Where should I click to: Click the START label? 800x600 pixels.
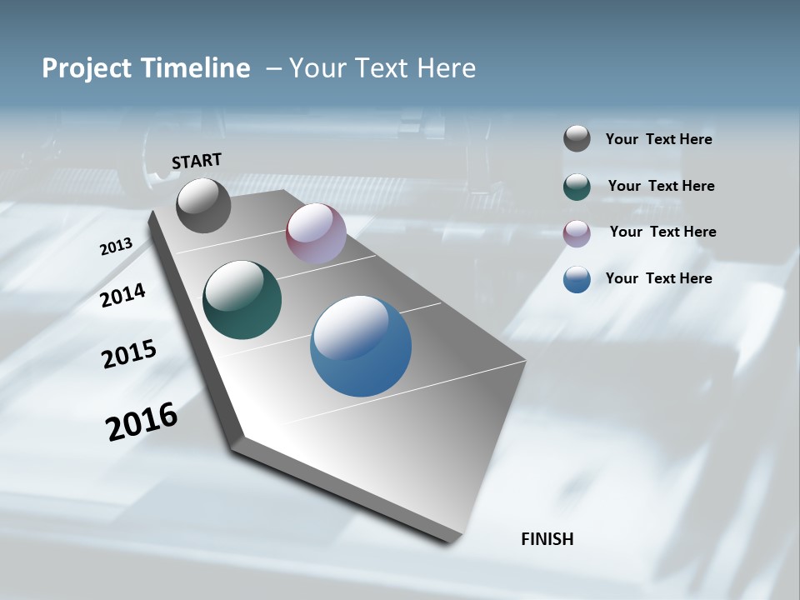[197, 161]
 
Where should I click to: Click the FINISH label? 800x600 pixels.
[547, 539]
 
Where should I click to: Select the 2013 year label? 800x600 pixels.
[116, 247]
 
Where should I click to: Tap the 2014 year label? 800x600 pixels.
[122, 295]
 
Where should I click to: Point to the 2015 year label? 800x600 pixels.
[128, 354]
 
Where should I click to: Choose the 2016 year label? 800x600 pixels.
[142, 422]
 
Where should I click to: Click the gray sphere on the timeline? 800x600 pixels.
[203, 205]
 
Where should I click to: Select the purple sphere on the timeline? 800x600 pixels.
[316, 233]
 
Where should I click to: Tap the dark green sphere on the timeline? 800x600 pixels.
[242, 300]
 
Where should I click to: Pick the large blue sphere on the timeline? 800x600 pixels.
[361, 346]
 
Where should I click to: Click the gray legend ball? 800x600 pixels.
[577, 138]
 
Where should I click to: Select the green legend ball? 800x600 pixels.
[577, 187]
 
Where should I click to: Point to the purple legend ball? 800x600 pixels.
[577, 233]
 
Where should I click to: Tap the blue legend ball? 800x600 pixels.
[577, 279]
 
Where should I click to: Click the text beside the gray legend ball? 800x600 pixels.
[658, 139]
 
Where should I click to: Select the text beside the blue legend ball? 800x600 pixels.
[658, 278]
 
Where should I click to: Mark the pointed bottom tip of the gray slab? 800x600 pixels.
[450, 542]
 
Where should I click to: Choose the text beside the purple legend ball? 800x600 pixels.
[662, 232]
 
